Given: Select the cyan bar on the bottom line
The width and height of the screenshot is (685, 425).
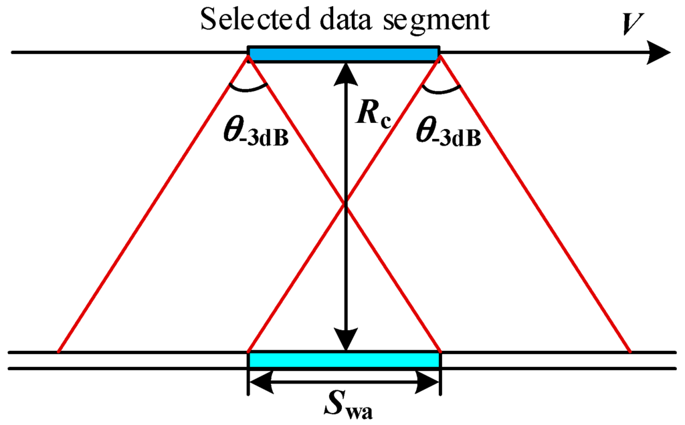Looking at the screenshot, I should click(344, 360).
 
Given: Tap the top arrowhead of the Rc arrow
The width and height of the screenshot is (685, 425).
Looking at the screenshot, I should click(345, 69).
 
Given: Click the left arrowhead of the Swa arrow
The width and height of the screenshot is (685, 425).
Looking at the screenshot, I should click(258, 382).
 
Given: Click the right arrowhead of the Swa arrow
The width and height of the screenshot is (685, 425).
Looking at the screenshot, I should click(430, 382).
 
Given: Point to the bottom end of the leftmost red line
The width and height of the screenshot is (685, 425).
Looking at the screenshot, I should click(59, 351).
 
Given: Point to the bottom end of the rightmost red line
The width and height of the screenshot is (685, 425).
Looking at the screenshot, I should click(629, 351).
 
